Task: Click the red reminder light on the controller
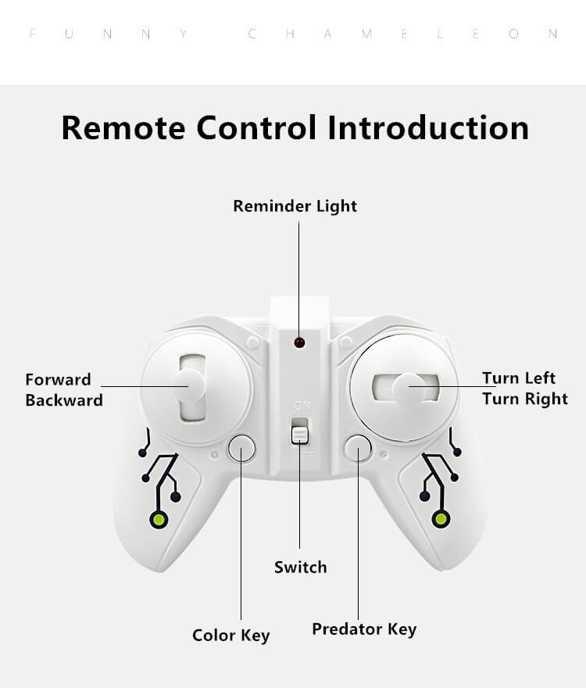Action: pos(298,342)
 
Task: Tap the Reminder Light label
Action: pos(295,206)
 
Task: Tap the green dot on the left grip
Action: pos(159,519)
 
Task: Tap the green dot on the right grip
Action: pos(441,519)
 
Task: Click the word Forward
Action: pos(58,380)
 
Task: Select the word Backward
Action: pos(64,400)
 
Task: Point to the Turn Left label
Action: pos(518,378)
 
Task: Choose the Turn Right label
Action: pos(524,399)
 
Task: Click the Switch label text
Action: pos(300,568)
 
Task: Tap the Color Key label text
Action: pos(230,635)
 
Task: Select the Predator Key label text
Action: pos(364,629)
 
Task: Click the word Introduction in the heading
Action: pos(428,127)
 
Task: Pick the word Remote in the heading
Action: pos(123,127)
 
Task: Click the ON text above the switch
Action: pos(302,405)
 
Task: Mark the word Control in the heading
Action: pos(257,127)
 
